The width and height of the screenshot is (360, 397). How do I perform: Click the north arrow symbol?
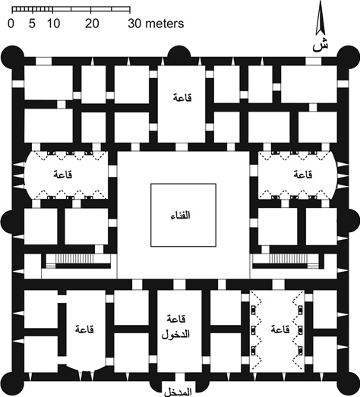[321, 17]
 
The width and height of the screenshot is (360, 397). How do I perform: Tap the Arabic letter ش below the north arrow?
[321, 46]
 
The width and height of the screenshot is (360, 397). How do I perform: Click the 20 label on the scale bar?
[92, 24]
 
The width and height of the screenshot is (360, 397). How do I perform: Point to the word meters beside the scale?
[164, 24]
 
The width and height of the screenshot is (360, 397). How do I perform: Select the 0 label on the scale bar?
[11, 24]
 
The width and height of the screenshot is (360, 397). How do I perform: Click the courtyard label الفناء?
[181, 216]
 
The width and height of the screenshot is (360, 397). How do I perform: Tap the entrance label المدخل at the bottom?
[178, 392]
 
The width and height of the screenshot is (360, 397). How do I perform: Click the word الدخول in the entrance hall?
[175, 335]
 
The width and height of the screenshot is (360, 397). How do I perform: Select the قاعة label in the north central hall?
[182, 98]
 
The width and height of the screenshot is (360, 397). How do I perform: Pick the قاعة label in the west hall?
[63, 175]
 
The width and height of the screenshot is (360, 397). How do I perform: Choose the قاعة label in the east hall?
[303, 175]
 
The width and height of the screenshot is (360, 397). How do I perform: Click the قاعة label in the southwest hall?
[84, 329]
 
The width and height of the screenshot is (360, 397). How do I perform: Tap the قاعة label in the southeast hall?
[280, 329]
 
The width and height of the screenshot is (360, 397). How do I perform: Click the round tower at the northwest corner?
[12, 57]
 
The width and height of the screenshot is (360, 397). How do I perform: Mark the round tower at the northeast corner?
[349, 57]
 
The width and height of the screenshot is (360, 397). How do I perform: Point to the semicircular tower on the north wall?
[179, 53]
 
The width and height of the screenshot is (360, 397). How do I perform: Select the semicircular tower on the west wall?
[6, 221]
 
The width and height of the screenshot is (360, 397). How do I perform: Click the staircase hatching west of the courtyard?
[74, 259]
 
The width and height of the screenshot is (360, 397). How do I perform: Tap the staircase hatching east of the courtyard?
[289, 259]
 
